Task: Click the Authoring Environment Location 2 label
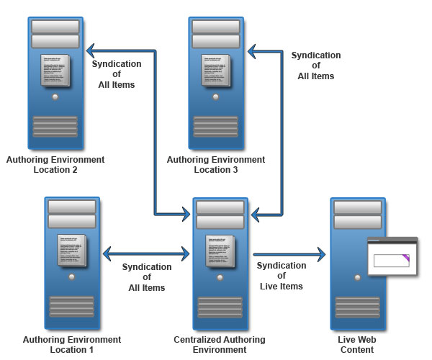(55, 164)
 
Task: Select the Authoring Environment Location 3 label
(215, 164)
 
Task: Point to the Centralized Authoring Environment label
(220, 344)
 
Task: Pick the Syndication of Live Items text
(281, 276)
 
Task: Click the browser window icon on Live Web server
(392, 256)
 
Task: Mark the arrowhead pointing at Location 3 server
(251, 51)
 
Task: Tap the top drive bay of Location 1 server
(72, 207)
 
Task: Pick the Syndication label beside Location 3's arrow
(315, 66)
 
